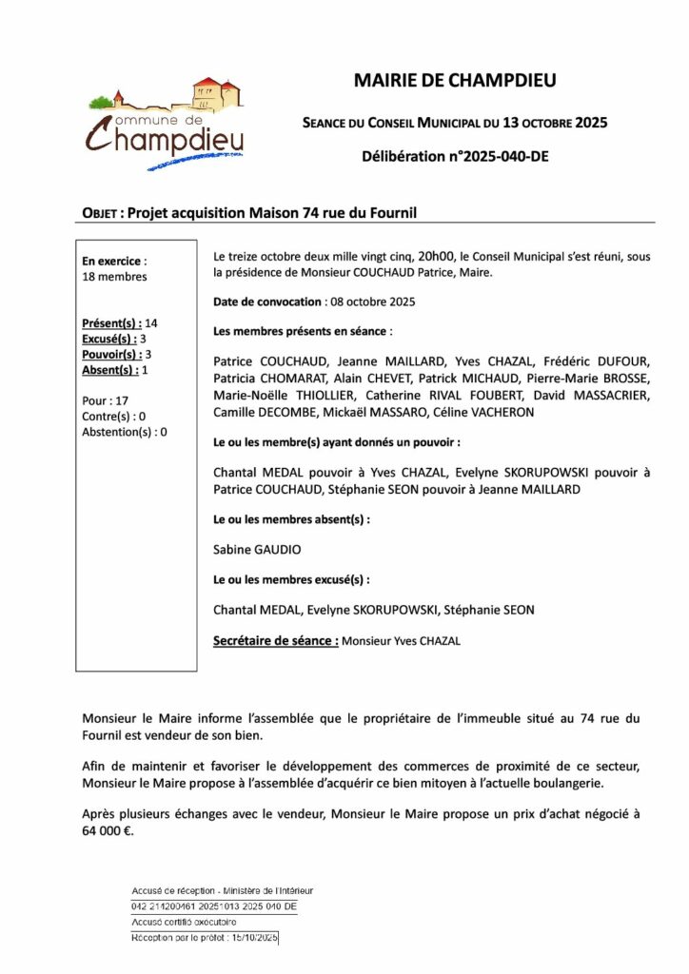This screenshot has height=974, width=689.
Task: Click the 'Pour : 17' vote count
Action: (106, 400)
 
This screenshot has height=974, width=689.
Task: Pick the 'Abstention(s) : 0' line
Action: (125, 431)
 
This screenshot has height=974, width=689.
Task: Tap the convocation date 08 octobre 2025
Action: (373, 302)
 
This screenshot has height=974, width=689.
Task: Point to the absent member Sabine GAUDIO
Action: (250, 549)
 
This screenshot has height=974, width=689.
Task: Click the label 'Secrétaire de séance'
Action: (275, 641)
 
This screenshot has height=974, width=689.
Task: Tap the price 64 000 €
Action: (108, 829)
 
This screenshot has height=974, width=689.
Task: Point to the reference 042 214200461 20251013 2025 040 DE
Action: (214, 906)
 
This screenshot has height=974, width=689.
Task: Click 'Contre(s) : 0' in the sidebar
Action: (114, 416)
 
